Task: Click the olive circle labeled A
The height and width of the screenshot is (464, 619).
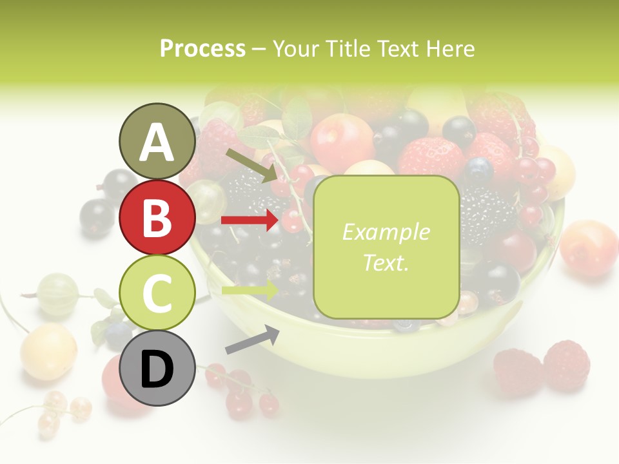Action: pos(157,141)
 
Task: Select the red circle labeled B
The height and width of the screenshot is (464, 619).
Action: pos(157,218)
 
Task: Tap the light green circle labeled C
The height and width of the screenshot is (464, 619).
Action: pos(157,293)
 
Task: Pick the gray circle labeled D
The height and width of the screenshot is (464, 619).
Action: pos(157,368)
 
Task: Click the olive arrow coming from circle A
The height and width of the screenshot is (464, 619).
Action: pos(251,165)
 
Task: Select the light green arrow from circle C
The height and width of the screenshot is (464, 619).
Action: pos(250,290)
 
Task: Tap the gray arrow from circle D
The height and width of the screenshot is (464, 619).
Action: pos(252,340)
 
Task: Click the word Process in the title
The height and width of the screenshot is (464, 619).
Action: pos(202,48)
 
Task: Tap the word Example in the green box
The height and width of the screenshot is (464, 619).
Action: pos(386,232)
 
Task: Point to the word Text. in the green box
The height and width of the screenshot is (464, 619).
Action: pos(386,262)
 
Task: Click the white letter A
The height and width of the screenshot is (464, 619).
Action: pos(157,142)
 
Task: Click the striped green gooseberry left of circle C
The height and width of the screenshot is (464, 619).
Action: pos(58,294)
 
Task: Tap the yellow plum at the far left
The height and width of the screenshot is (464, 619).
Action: pos(48,351)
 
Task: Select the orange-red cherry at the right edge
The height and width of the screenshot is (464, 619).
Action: pos(589,248)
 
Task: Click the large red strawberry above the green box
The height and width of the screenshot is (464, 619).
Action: pos(431,158)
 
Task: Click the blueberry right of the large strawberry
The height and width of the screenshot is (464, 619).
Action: pos(478,169)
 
